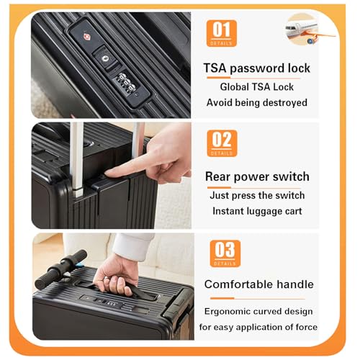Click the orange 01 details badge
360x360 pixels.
(x=221, y=33)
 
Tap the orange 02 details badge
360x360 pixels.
(x=221, y=143)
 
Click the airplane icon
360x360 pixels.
(x=307, y=29)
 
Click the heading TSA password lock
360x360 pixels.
(x=256, y=68)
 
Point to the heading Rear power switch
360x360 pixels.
(x=257, y=176)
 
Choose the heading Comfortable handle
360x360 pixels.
(x=258, y=284)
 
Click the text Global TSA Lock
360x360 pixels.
(x=256, y=86)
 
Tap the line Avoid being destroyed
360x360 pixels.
(x=256, y=102)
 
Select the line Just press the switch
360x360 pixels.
(x=257, y=195)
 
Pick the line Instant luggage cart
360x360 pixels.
(x=257, y=211)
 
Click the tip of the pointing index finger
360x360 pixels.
(x=109, y=173)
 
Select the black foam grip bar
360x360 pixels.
(x=60, y=269)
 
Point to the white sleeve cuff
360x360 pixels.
(x=134, y=245)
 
